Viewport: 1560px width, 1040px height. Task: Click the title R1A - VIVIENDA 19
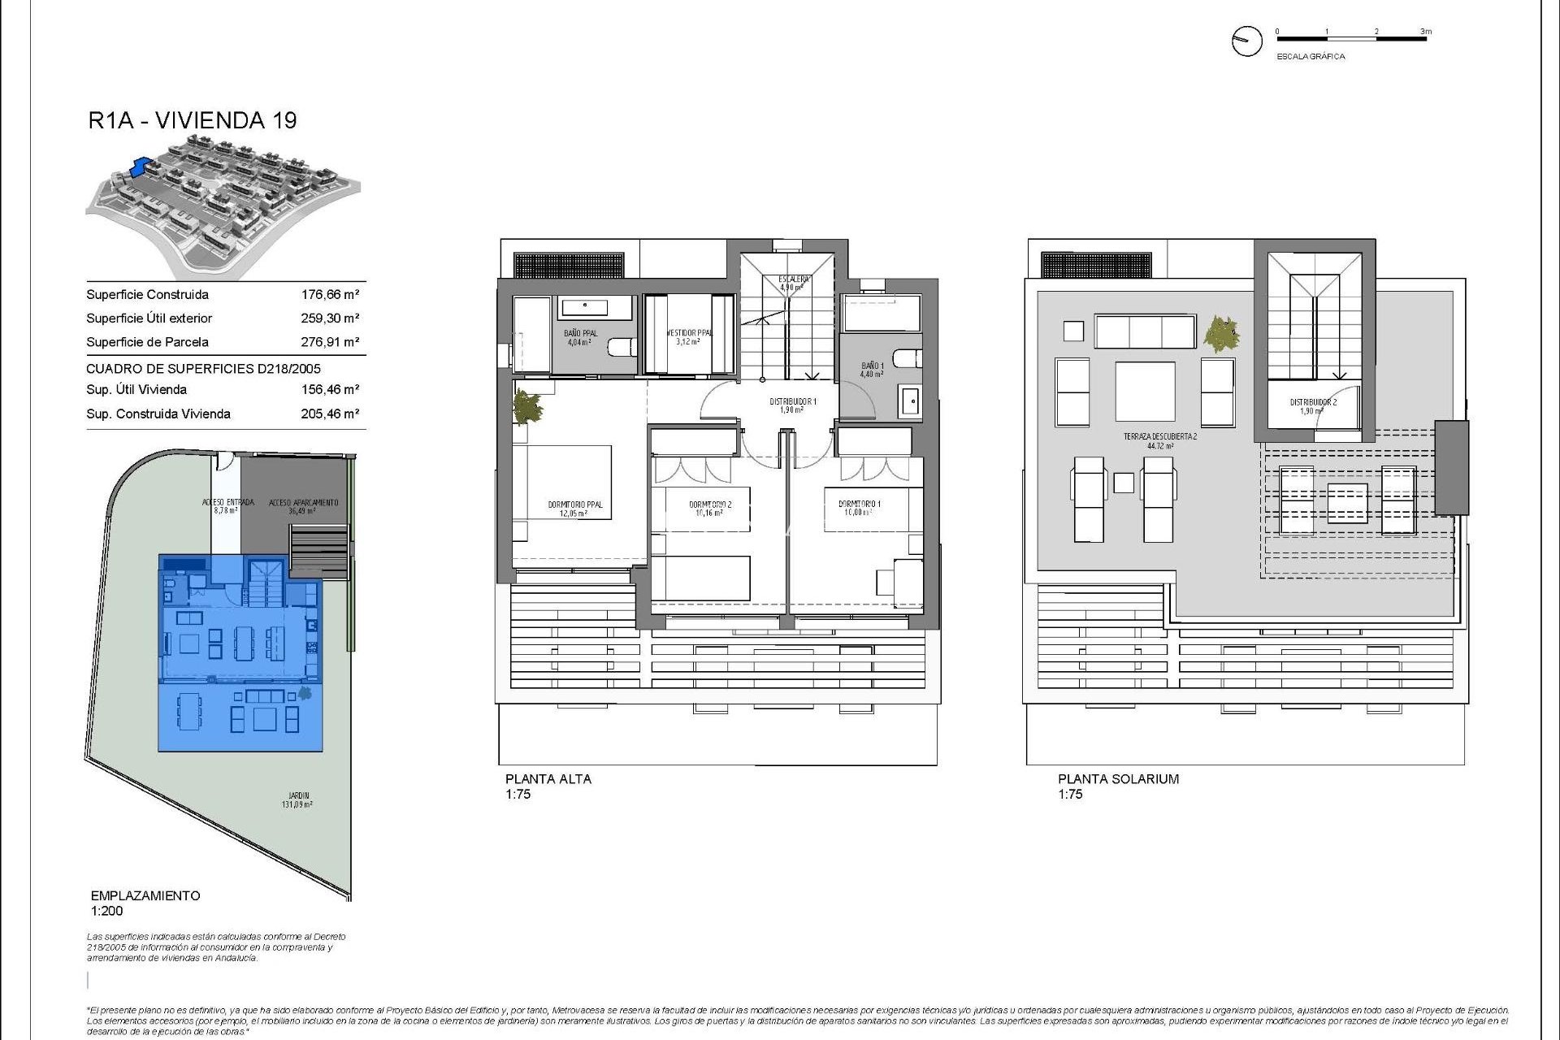[x=193, y=120]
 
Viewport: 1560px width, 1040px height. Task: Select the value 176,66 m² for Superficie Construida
[x=330, y=295]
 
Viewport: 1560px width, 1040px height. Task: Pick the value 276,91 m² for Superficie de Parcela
[x=330, y=342]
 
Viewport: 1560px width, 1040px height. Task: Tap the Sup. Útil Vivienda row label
[x=136, y=390]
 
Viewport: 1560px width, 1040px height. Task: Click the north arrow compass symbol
[x=1246, y=41]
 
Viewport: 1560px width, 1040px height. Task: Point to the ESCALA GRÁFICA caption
[x=1311, y=57]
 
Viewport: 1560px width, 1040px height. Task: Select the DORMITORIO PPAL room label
[x=575, y=505]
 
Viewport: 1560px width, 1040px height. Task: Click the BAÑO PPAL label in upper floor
[x=580, y=334]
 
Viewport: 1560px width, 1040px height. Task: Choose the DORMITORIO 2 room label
[x=709, y=505]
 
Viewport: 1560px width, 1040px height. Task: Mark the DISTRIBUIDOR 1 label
[x=792, y=402]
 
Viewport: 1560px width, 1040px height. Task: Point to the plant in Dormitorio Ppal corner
[x=527, y=406]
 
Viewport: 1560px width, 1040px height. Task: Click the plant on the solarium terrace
[x=1221, y=333]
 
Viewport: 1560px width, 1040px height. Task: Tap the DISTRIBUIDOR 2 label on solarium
[x=1312, y=403]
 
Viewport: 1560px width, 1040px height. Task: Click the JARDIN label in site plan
[x=298, y=796]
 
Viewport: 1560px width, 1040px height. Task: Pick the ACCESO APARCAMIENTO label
[x=303, y=503]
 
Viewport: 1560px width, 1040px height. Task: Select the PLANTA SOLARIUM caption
[x=1117, y=779]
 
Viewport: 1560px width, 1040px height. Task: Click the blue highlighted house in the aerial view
[x=141, y=167]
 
